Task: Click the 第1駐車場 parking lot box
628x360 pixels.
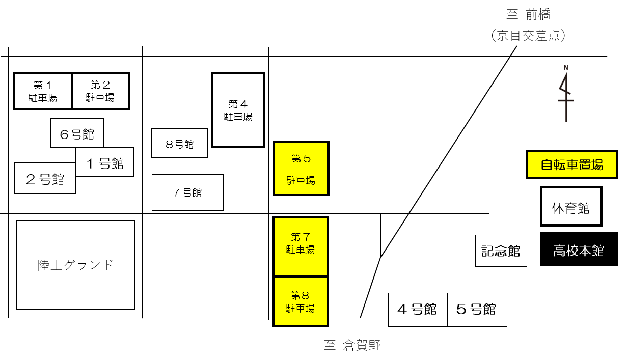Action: coord(43,91)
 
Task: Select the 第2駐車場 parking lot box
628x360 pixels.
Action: coord(100,91)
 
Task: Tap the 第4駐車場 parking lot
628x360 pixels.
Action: coord(238,110)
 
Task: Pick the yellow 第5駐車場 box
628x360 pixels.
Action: coord(301,169)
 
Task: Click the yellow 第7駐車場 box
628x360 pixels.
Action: coord(301,246)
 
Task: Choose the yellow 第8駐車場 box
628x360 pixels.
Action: coord(301,301)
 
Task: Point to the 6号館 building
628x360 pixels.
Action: coord(77,132)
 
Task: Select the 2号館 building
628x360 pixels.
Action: coord(45,178)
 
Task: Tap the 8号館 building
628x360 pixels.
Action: coord(179,143)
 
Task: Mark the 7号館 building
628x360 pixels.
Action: coord(187,192)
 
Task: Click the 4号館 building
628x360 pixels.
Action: coord(418,310)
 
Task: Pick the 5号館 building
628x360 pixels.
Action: coord(477,310)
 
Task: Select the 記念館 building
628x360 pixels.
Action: coord(501,251)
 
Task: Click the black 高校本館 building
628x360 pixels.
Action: coord(579,250)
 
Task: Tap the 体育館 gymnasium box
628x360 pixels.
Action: coord(571,206)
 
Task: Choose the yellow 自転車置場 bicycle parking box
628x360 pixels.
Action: coord(572,164)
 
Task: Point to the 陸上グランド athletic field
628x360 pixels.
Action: coord(75,265)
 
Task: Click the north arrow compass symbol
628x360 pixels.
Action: coord(566,94)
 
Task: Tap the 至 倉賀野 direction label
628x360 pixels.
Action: coord(352,345)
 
